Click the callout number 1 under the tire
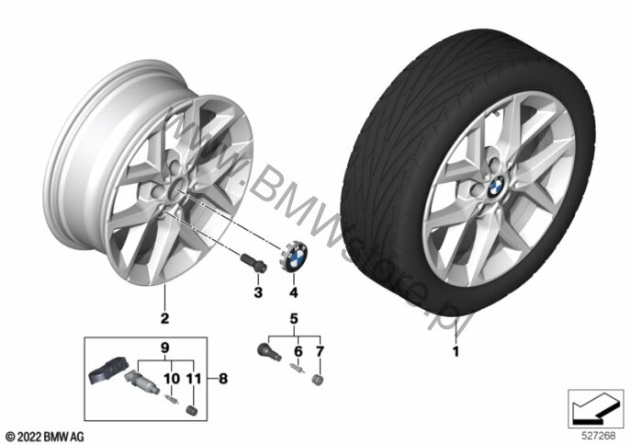click(x=456, y=351)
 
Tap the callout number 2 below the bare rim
click(x=164, y=318)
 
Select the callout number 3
click(x=258, y=292)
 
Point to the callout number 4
click(x=294, y=292)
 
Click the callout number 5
click(x=294, y=319)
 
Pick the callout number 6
click(x=298, y=351)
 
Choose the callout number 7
click(x=320, y=351)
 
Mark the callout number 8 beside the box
click(x=223, y=378)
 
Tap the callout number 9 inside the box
click(x=165, y=347)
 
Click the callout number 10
click(x=172, y=378)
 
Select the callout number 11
click(x=194, y=378)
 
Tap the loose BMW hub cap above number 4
click(x=293, y=256)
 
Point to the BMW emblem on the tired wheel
click(x=496, y=187)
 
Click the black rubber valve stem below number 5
click(x=269, y=350)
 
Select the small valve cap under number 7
click(x=318, y=380)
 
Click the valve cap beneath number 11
click(x=192, y=411)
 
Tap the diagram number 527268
click(x=599, y=435)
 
